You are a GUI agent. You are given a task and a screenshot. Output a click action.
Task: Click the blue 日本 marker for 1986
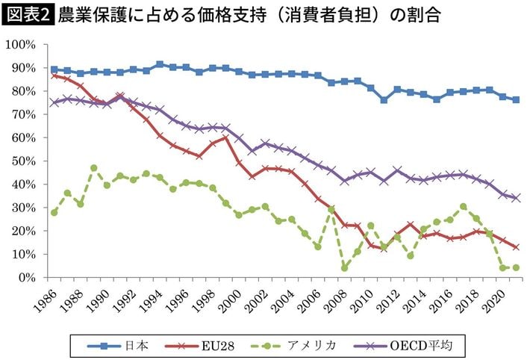[54, 69]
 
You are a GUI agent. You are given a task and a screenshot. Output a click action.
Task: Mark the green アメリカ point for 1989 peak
[93, 168]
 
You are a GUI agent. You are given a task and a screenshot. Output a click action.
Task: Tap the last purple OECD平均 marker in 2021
[516, 198]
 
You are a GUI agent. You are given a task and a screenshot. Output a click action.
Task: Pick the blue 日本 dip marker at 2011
[384, 99]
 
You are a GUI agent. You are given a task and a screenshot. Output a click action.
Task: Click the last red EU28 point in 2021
[516, 246]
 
